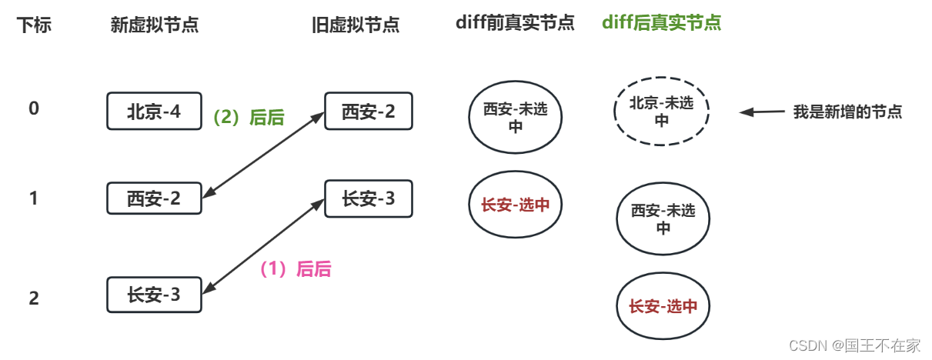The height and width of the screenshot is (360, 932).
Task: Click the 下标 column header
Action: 34,25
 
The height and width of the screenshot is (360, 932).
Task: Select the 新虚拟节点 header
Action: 155,25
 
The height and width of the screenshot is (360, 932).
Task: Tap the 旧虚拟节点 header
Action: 355,25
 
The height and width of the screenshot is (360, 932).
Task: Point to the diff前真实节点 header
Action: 514,22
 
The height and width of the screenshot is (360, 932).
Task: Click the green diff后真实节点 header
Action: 661,22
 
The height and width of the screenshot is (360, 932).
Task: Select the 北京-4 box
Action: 154,112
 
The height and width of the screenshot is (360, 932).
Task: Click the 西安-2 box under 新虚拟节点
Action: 154,199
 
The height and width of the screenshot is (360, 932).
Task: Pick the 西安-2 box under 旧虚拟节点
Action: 368,112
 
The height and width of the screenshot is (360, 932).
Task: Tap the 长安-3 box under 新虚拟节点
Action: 154,294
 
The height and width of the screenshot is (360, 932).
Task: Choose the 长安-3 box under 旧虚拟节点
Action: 368,199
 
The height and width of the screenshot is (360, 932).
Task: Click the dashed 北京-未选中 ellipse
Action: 662,112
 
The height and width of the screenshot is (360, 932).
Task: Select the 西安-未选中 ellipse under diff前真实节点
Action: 516,118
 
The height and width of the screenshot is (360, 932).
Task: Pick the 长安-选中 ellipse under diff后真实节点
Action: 662,306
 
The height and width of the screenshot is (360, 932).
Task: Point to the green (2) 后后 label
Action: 248,118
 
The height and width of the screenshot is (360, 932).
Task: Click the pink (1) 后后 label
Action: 295,269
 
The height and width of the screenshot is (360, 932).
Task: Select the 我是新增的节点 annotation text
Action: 847,112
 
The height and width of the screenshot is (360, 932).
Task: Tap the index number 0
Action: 34,108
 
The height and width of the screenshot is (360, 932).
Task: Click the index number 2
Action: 34,298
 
